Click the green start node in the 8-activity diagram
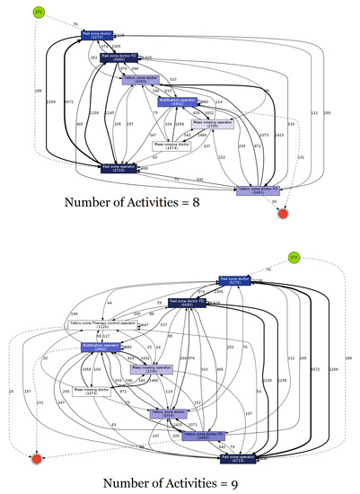(x=38, y=12)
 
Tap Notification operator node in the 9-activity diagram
(x=101, y=346)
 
